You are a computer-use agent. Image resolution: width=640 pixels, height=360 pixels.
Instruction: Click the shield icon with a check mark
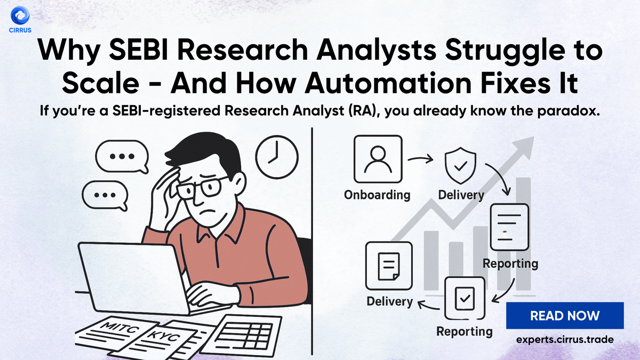click(x=460, y=166)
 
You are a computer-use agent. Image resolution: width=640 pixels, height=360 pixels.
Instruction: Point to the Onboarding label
click(x=377, y=194)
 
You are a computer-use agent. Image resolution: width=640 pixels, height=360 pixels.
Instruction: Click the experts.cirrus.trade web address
click(x=565, y=339)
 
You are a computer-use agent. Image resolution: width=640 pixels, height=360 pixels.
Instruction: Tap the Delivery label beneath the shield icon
click(x=460, y=195)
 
